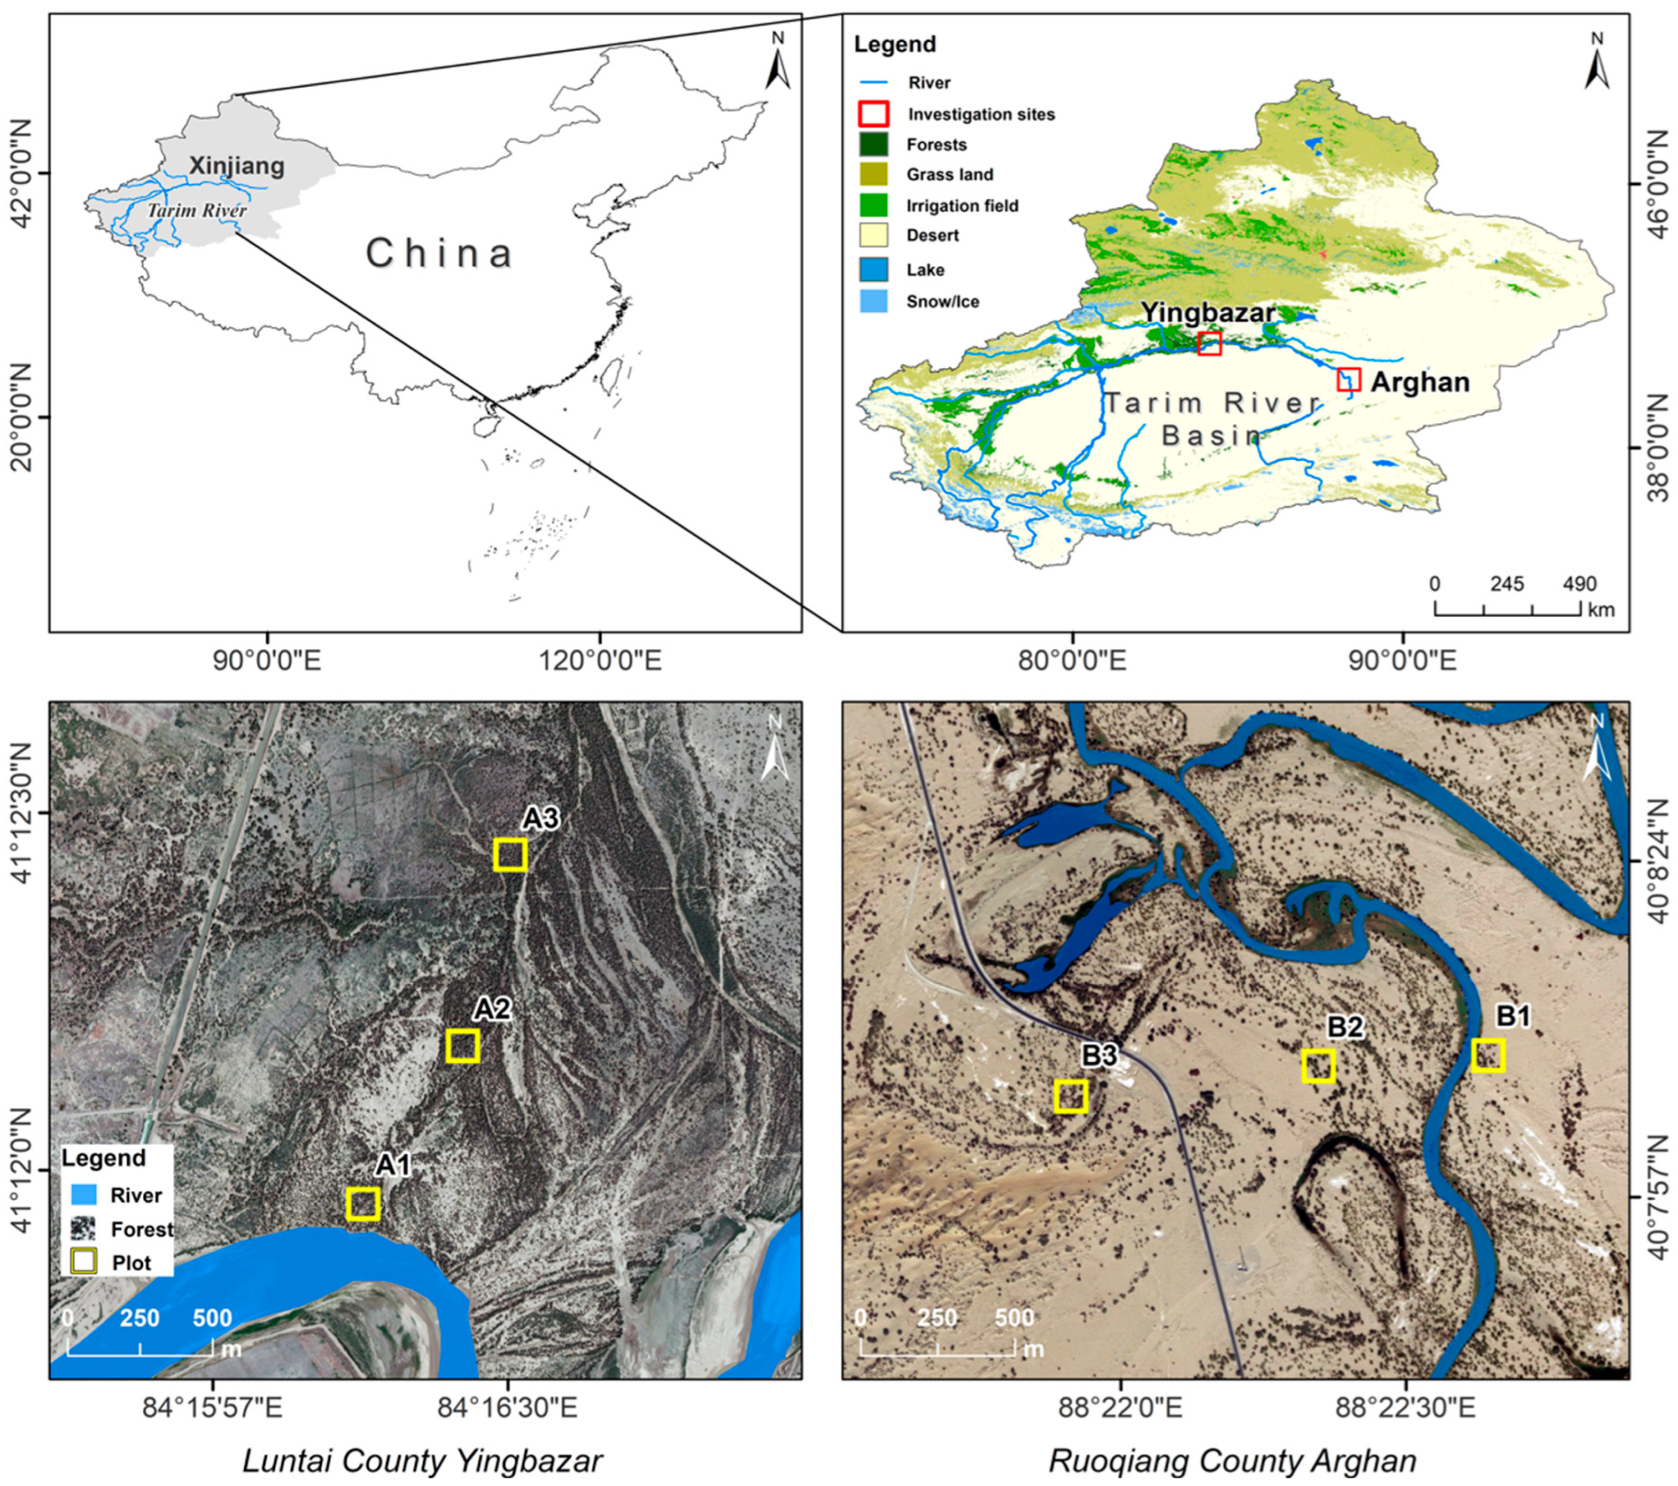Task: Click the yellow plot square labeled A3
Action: (x=510, y=855)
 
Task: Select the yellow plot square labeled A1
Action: (x=363, y=1204)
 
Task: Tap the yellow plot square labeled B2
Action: (x=1318, y=1066)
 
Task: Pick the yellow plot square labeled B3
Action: (x=1071, y=1096)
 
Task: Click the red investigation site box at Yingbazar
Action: (x=1209, y=343)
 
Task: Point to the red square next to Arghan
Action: (x=1349, y=379)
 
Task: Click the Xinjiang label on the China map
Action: (x=236, y=166)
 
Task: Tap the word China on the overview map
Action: (x=439, y=253)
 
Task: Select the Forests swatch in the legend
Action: (x=873, y=145)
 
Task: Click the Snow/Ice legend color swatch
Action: (x=873, y=301)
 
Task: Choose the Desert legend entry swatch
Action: (x=873, y=235)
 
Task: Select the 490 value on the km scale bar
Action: (x=1579, y=585)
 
